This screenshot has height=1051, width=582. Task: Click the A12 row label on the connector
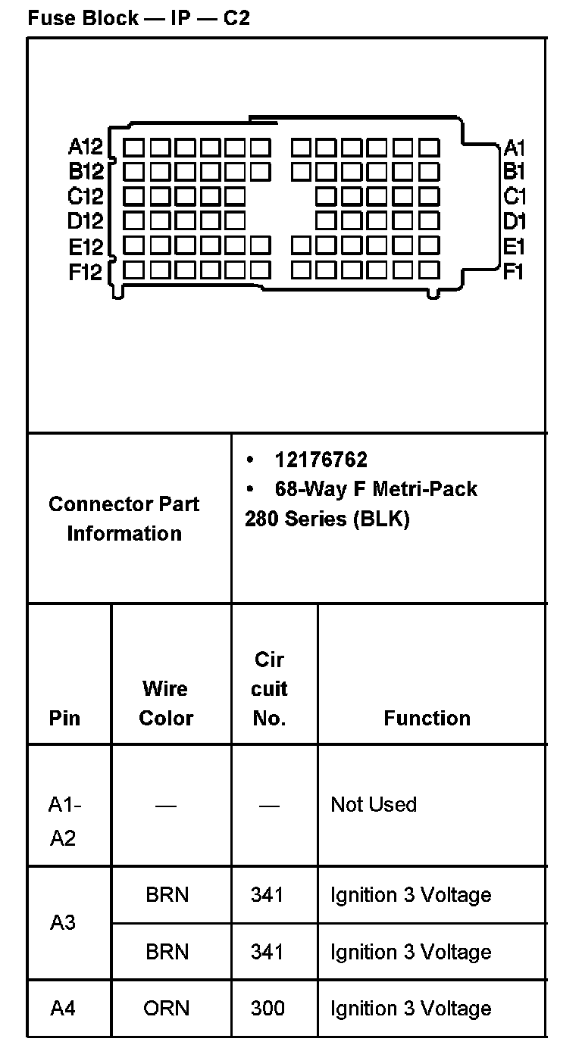click(86, 146)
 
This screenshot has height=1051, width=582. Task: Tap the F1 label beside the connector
click(514, 271)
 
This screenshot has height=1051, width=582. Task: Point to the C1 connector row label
click(515, 197)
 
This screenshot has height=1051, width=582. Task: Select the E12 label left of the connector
click(85, 247)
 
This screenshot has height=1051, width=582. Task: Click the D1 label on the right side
click(515, 222)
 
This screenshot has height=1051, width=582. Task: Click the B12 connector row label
click(86, 171)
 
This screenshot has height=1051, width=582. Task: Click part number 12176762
click(321, 460)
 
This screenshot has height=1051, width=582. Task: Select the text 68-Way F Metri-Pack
click(376, 488)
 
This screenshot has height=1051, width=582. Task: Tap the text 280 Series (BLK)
click(327, 519)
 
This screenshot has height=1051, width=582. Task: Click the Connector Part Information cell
click(124, 519)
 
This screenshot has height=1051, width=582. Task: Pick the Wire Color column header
click(166, 703)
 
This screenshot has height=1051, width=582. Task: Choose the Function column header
click(427, 718)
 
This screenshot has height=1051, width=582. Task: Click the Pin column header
click(64, 718)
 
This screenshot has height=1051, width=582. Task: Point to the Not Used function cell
click(374, 804)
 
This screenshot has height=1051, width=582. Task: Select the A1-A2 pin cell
click(64, 821)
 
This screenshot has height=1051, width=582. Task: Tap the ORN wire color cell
click(167, 1008)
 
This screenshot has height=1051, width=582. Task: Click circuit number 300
click(268, 1008)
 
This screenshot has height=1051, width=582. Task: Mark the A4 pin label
click(64, 1008)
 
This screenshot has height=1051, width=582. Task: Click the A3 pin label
click(64, 923)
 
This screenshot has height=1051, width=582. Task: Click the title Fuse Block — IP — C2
click(139, 18)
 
